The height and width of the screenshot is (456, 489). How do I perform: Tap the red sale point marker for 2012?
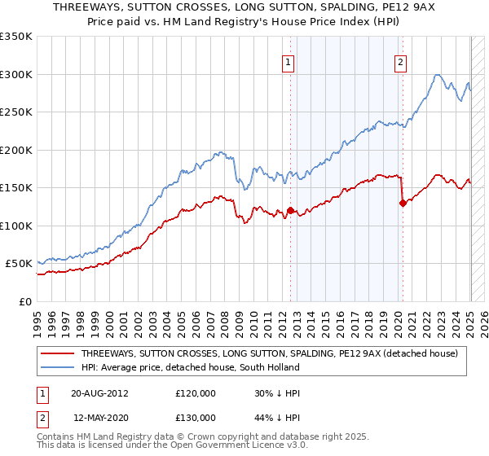coord(290,211)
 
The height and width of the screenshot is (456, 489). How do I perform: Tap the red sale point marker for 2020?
coord(403,204)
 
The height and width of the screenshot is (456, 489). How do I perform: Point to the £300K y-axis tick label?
coord(16,74)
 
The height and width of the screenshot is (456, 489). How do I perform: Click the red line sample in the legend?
coord(58,353)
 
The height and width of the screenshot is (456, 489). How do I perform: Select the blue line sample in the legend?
coord(58,368)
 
